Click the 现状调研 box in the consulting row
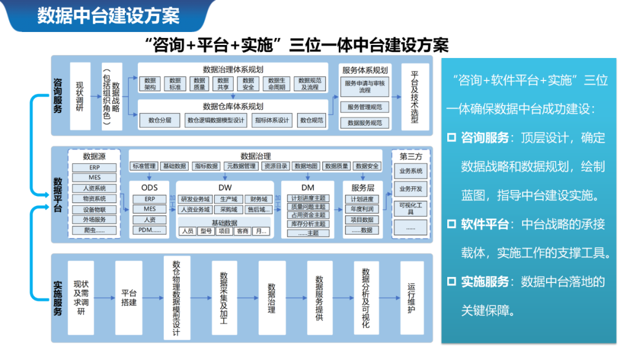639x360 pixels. click(80, 96)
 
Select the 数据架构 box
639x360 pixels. click(150, 83)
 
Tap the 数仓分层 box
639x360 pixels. click(160, 120)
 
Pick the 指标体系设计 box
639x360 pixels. click(272, 120)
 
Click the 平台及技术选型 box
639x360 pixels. click(415, 96)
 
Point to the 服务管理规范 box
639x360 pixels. click(364, 107)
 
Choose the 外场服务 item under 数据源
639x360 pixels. click(95, 220)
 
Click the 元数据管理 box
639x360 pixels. click(241, 166)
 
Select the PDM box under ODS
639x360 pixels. click(149, 230)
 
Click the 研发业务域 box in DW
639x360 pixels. click(195, 200)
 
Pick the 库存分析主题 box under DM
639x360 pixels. click(308, 224)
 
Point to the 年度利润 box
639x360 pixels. click(362, 209)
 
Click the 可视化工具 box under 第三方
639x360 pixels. click(411, 208)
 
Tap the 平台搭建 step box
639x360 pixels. click(129, 298)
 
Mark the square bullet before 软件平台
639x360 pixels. click(451, 224)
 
